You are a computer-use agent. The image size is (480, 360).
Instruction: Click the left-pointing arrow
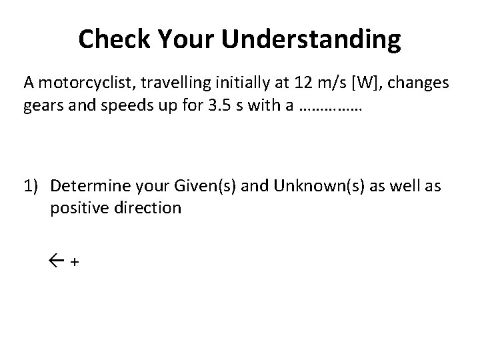click(57, 261)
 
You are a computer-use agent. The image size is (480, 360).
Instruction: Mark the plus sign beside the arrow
click(74, 263)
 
